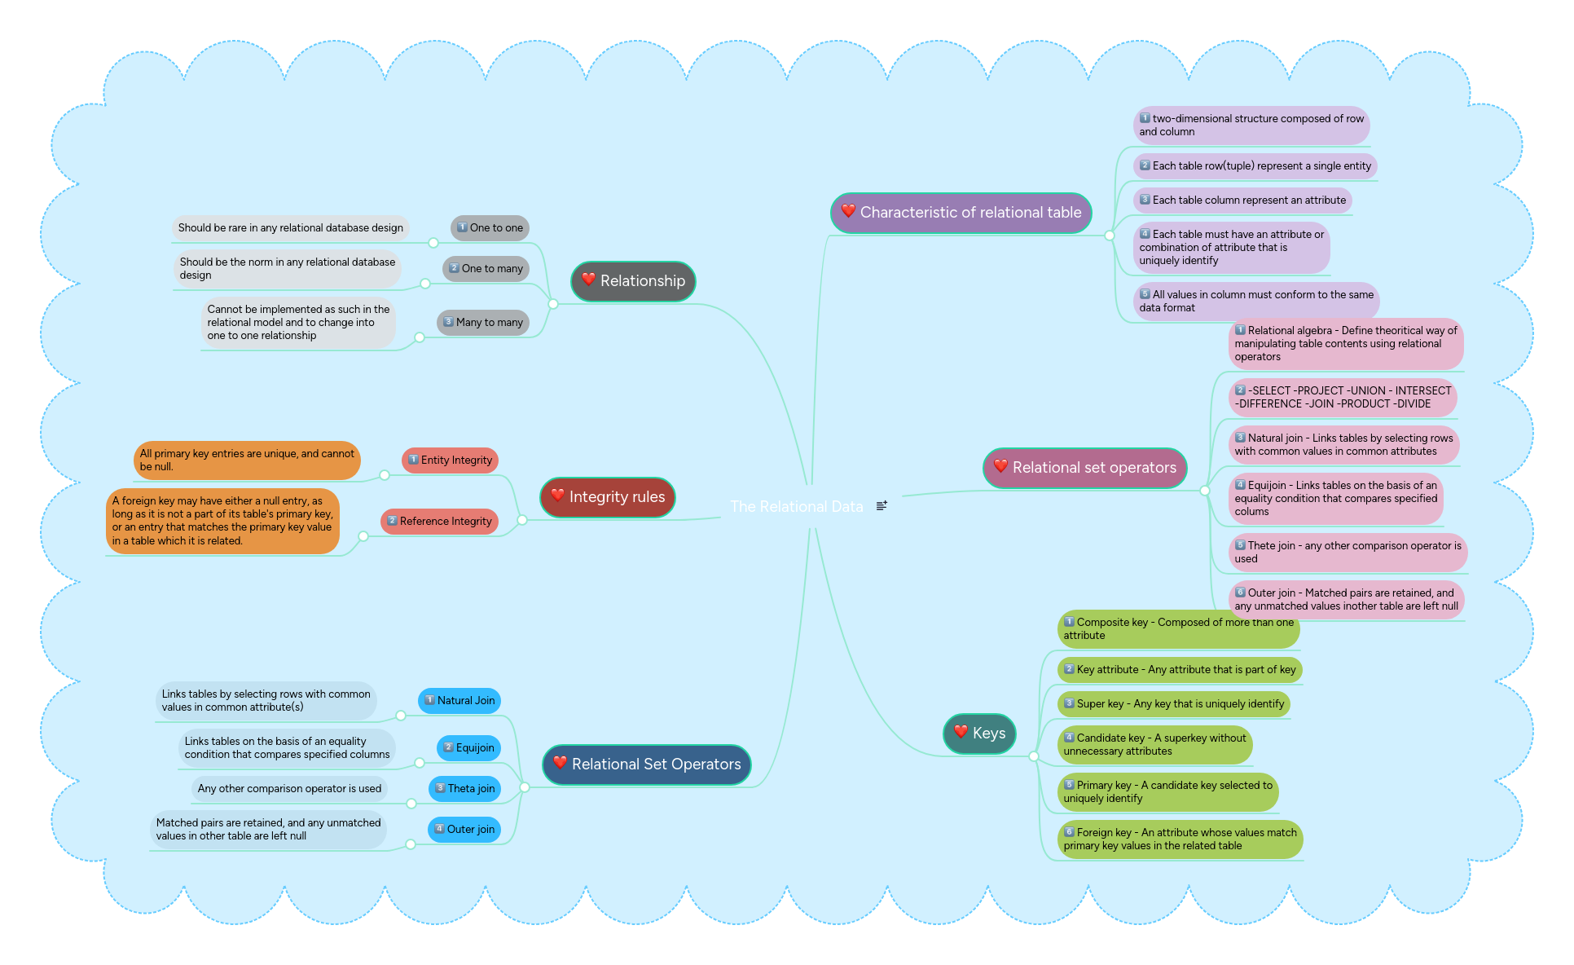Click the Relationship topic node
coord(634,281)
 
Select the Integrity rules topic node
coord(608,497)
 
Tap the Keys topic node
coord(979,734)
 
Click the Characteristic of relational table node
coord(961,213)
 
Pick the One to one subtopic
coord(490,228)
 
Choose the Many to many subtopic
coord(483,323)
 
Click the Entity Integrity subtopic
coord(450,460)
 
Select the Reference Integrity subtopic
coord(439,522)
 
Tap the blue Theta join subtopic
coord(464,789)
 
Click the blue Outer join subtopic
coord(464,830)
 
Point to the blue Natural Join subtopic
coord(459,701)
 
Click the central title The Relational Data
coord(796,507)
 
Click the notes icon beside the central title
coord(882,506)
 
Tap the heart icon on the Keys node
coord(961,732)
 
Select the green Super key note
coord(1174,704)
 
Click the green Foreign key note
coord(1180,839)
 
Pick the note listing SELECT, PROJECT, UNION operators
coord(1343,398)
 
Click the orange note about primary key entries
coord(247,460)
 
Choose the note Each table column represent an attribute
coord(1242,200)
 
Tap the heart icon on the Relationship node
coord(588,280)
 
